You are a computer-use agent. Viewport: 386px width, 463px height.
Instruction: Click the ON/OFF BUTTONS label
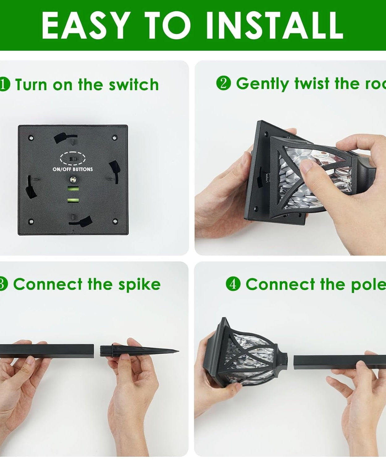pos(73,169)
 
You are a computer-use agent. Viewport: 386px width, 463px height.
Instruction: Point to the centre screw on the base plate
pos(73,179)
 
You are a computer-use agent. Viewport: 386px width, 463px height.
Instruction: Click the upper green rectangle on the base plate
pos(73,189)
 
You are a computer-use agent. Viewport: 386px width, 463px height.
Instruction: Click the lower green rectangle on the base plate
pos(73,200)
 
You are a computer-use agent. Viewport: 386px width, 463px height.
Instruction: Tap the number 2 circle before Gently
pos(224,83)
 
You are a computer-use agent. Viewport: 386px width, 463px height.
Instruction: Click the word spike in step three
pos(140,284)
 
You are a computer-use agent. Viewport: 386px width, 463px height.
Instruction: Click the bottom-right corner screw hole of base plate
pos(115,221)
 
